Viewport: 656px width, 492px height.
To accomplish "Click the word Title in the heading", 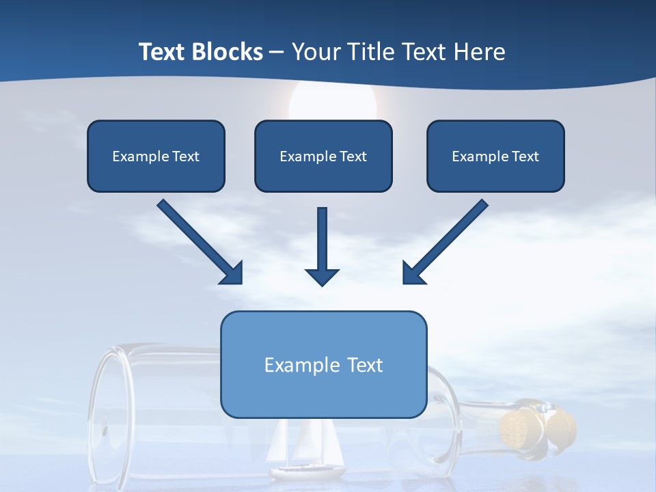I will pyautogui.click(x=369, y=52).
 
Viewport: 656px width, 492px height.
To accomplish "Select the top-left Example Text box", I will pyautogui.click(x=156, y=156).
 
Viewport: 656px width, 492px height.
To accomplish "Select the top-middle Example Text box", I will pyautogui.click(x=323, y=156).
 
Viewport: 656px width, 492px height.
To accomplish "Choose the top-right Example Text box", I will pyautogui.click(x=495, y=156).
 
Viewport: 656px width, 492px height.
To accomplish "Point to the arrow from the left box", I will pyautogui.click(x=198, y=241).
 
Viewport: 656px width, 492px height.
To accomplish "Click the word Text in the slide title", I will pyautogui.click(x=163, y=52).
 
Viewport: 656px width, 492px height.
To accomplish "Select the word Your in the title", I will pyautogui.click(x=314, y=52).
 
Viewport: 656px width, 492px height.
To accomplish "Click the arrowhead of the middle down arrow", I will pyautogui.click(x=322, y=276).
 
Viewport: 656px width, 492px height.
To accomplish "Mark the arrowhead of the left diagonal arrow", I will pyautogui.click(x=232, y=273).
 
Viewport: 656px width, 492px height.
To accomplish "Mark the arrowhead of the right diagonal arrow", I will pyautogui.click(x=413, y=273).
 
